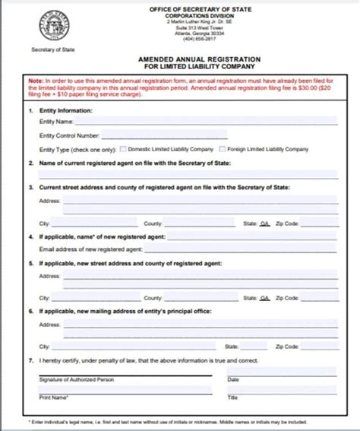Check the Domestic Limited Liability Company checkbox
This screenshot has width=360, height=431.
(x=124, y=150)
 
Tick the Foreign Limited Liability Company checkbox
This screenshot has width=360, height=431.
(x=223, y=150)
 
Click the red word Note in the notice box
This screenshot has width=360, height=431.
(x=36, y=80)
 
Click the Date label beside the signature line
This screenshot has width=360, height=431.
(x=233, y=379)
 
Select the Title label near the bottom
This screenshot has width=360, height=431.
(x=232, y=398)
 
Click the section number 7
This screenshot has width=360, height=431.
(x=30, y=360)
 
